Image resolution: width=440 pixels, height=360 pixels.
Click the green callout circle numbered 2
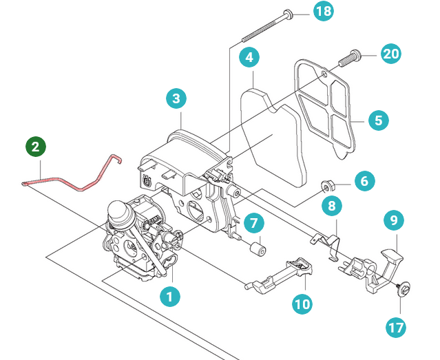36,147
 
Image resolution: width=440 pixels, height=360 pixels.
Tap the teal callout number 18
324,11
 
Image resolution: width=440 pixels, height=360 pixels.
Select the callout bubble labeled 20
391,53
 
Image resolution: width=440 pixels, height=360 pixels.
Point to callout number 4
249,57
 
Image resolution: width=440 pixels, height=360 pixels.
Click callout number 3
176,98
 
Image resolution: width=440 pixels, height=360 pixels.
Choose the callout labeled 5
378,120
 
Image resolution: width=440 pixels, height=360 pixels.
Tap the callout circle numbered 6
364,181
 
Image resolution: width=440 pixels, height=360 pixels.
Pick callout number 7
253,223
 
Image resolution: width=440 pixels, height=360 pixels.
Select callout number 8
332,206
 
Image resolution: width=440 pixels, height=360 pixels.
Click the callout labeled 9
394,220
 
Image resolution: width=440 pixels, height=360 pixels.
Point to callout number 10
302,304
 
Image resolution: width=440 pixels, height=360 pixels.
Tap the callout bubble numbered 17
396,328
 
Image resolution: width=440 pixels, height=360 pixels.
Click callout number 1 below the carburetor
170,296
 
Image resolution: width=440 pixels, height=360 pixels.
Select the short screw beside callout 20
349,58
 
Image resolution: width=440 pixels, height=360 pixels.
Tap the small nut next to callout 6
326,187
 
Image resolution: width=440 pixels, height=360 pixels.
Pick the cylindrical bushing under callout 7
258,249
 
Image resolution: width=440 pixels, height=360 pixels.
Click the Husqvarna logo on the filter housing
147,180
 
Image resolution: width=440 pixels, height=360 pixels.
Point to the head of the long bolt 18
288,13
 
